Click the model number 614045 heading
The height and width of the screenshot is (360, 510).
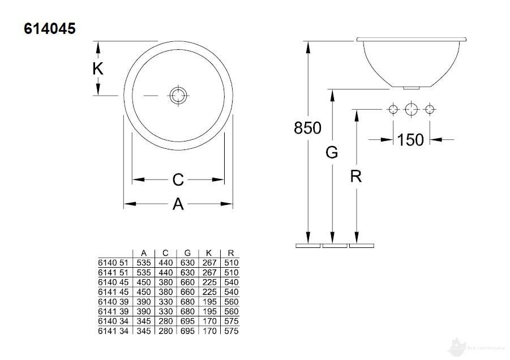click(x=50, y=28)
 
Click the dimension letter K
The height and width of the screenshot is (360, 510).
click(x=98, y=69)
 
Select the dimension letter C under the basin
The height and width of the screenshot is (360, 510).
click(x=178, y=180)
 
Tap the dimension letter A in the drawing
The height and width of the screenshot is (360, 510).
click(x=178, y=204)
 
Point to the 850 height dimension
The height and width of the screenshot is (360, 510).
click(x=307, y=128)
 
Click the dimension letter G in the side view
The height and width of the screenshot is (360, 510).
click(x=332, y=152)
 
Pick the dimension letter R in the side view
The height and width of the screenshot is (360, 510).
click(x=355, y=177)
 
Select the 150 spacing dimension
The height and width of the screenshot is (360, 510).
click(x=410, y=139)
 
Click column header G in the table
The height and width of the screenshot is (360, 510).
click(x=187, y=253)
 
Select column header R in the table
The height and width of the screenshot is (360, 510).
click(x=231, y=253)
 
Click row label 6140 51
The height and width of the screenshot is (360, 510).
click(x=113, y=263)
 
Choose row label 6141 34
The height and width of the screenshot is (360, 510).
click(x=113, y=331)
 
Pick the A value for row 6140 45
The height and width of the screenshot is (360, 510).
click(x=144, y=282)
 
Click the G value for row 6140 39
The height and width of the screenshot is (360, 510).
click(x=187, y=302)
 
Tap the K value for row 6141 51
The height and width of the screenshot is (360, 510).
click(x=209, y=272)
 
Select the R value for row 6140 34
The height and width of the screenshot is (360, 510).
click(x=231, y=321)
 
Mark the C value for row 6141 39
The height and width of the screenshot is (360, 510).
click(x=166, y=311)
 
